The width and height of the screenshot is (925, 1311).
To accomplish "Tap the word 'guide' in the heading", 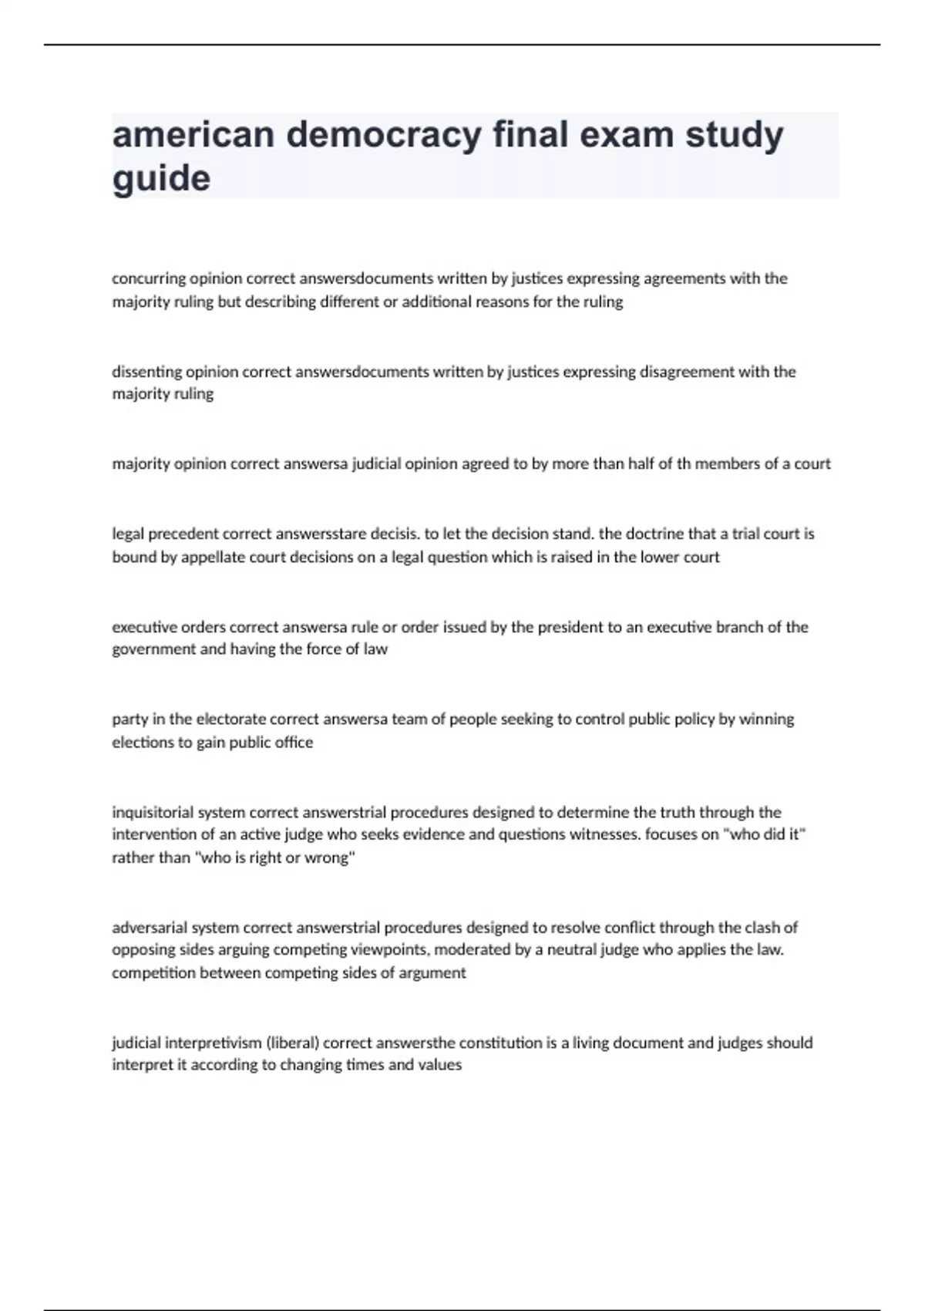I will click(x=161, y=179).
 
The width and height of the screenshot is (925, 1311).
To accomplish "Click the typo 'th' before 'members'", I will click(x=684, y=464).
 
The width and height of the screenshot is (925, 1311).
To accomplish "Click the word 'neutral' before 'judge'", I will click(x=571, y=950).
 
